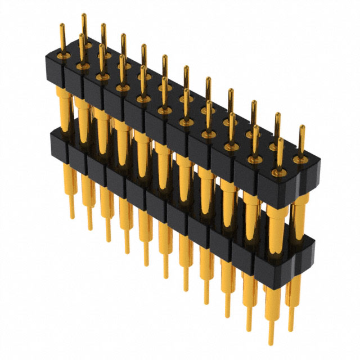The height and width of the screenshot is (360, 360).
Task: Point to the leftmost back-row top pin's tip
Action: click(x=83, y=15)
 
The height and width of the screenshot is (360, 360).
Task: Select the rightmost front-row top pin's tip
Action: click(x=280, y=139)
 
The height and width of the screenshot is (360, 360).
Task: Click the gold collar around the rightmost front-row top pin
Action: click(x=280, y=171)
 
